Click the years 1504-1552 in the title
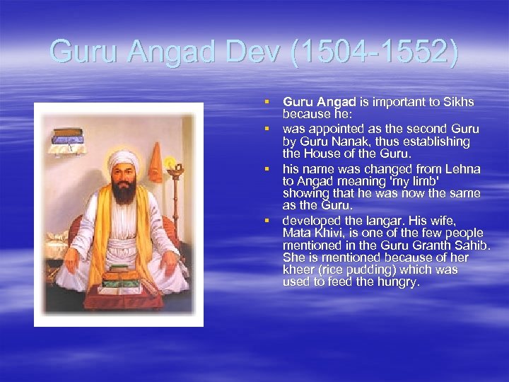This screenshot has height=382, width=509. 370,52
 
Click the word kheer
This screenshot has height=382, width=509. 298,270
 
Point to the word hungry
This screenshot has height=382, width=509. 399,282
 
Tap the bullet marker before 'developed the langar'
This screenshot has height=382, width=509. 269,221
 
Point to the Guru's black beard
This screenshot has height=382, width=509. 124,190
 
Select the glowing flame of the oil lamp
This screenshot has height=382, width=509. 170,161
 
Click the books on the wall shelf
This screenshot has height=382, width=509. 71,139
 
